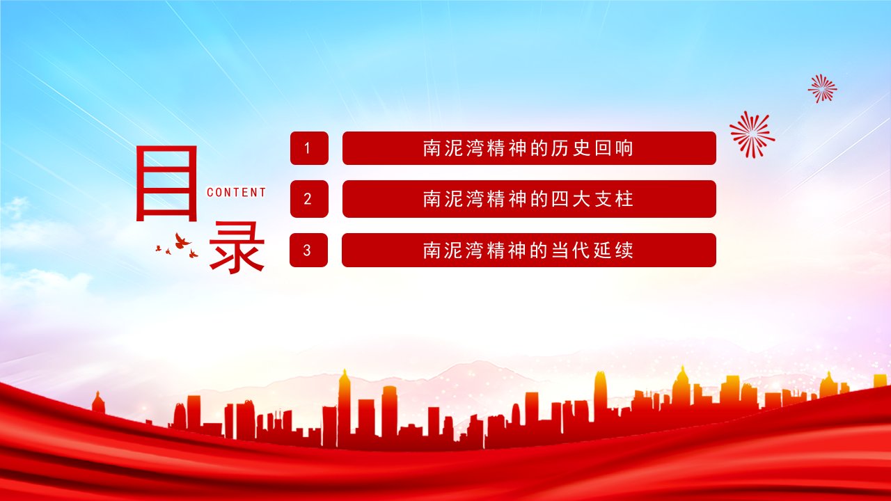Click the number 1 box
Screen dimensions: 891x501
(309, 148)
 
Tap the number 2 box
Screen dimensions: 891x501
(309, 199)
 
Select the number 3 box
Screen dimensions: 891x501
(308, 250)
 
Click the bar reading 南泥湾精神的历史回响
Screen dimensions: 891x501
(529, 148)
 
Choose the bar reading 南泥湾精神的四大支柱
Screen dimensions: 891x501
(529, 199)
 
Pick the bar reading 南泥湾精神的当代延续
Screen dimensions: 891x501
(528, 250)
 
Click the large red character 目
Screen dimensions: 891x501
(166, 183)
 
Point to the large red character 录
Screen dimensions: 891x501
(237, 248)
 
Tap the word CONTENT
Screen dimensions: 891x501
(236, 193)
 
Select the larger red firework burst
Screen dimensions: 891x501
(752, 134)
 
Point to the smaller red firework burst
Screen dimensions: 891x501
(822, 88)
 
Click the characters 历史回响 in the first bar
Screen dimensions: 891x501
(592, 148)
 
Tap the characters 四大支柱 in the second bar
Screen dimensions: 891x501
(592, 199)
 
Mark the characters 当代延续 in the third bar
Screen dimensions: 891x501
(592, 250)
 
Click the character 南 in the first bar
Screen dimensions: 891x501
(432, 148)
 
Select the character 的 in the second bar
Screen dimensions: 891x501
(539, 199)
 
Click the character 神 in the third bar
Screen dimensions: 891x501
(517, 250)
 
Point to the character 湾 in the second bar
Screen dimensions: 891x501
(475, 199)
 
